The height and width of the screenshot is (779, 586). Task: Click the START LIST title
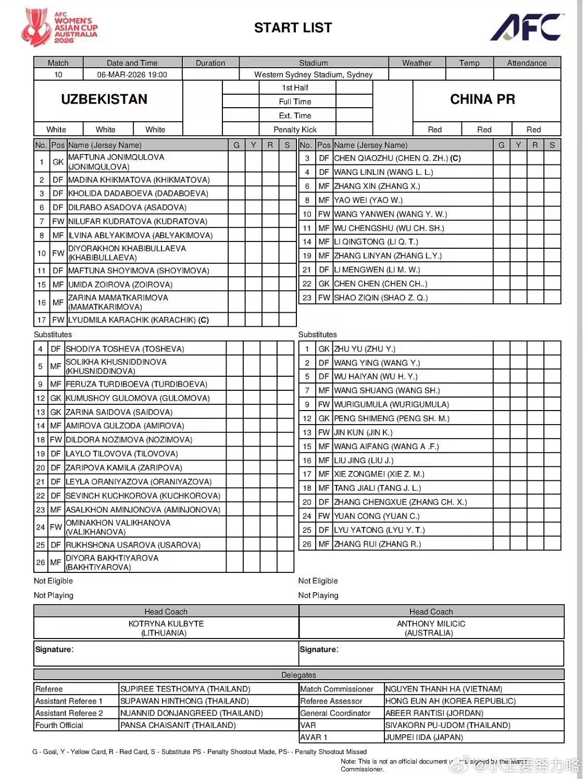tap(293, 28)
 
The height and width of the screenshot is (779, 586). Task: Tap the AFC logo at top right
tap(525, 27)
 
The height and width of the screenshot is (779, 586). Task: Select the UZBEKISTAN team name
tap(104, 99)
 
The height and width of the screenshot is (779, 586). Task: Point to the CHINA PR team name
tap(482, 99)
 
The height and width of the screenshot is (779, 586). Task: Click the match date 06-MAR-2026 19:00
tap(132, 74)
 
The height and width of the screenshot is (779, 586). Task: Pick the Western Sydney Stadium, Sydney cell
tap(313, 74)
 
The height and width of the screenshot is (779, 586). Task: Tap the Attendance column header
tap(527, 63)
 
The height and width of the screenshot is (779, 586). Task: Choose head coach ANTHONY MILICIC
tap(431, 623)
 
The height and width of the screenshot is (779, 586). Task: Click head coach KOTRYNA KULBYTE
tap(166, 623)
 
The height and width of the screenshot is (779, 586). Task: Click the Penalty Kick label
tap(295, 130)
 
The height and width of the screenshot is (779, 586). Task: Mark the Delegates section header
tap(298, 675)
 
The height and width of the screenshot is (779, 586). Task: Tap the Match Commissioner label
tap(336, 689)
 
